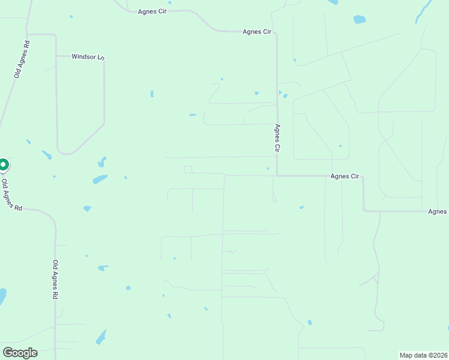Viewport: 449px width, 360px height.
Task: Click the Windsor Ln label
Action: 88,57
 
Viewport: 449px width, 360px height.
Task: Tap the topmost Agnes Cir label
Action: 152,11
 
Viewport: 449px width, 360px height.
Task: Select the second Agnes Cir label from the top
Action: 258,32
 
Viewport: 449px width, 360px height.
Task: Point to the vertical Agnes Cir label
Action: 277,137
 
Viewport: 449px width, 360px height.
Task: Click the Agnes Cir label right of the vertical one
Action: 345,176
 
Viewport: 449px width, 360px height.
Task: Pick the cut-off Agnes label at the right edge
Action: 438,212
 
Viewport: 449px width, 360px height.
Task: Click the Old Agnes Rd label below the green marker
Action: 11,194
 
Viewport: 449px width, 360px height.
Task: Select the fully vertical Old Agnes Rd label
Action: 55,280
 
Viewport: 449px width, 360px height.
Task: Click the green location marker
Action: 3,164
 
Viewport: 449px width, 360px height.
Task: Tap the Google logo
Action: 20,353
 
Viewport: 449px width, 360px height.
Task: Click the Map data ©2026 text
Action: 424,355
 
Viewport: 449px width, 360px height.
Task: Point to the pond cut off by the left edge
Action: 2,296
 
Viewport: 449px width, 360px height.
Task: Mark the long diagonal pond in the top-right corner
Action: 424,11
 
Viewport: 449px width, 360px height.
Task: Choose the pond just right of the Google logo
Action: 101,337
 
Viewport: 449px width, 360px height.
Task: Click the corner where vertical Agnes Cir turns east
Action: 277,176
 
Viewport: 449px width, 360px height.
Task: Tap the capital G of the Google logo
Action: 8,353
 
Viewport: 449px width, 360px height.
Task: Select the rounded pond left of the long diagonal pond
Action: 359,19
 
